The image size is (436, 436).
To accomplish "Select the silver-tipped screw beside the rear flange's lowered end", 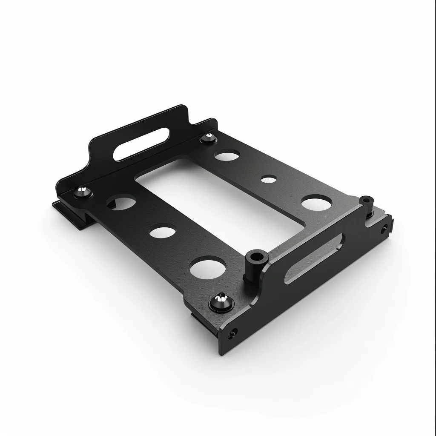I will click(x=208, y=138).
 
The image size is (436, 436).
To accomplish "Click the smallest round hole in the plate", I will click(x=267, y=179).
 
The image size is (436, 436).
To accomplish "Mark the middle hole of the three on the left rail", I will click(x=162, y=232).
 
